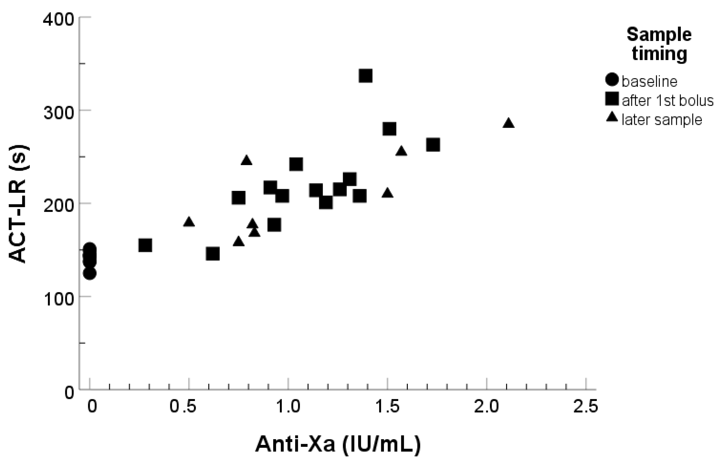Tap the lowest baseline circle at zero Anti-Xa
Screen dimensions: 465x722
coord(90,274)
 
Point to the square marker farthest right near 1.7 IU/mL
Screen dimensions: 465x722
coord(433,145)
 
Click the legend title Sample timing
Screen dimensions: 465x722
coord(659,44)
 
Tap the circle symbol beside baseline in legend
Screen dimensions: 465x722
coord(612,80)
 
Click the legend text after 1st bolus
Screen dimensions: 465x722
coord(667,100)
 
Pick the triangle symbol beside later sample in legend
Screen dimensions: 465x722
coord(612,117)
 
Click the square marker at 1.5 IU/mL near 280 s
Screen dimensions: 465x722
coord(389,129)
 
